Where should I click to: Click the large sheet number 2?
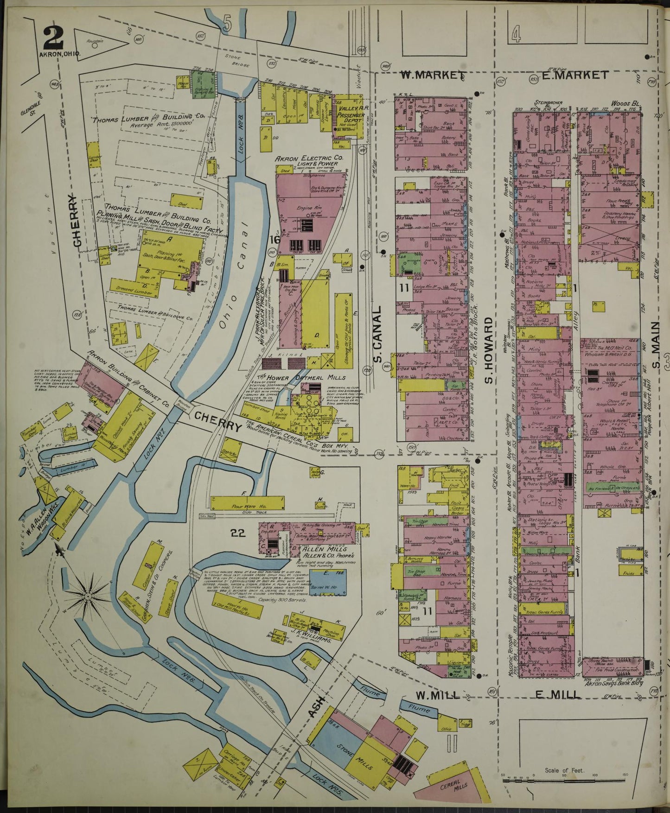tap(53, 38)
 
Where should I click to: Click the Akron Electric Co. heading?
tap(309, 159)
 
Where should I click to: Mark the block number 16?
tap(274, 240)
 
